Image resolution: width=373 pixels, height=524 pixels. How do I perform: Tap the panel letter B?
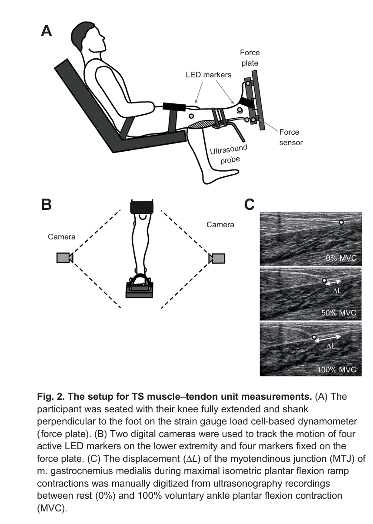pos(47,204)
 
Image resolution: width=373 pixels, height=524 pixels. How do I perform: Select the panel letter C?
pos(250,204)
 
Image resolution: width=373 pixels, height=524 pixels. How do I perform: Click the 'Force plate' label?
pos(250,58)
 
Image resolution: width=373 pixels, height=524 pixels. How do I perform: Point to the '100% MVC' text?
pos(337,370)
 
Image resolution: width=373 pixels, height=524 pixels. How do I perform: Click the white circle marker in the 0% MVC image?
pos(341,222)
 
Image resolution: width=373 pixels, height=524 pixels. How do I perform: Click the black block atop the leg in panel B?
pos(142,207)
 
